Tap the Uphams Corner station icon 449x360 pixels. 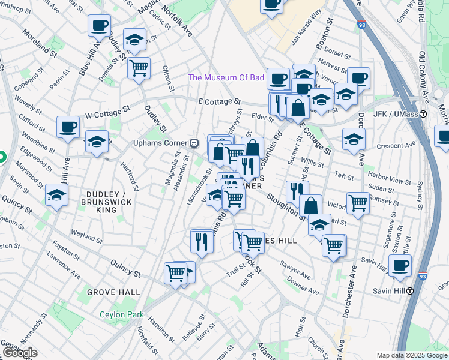pos(194,143)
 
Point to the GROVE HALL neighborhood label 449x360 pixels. pos(113,292)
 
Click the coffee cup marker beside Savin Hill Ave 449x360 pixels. pos(400,265)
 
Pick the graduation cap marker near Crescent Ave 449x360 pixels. pos(354,139)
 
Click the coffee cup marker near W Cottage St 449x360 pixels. pos(68,127)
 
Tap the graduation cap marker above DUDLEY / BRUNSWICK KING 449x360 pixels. pos(56,195)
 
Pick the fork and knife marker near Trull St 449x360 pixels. pos(201,241)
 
